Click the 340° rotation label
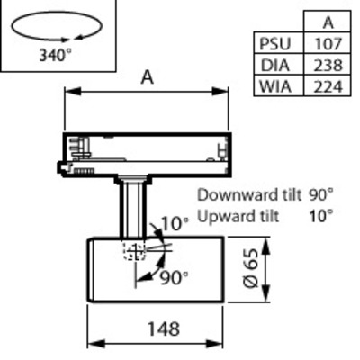point(56,55)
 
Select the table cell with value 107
point(328,44)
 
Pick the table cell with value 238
point(328,66)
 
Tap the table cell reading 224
point(328,87)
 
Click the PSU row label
point(275,44)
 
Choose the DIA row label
point(275,66)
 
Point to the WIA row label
point(275,87)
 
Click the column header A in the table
point(328,22)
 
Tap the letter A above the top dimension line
point(148,77)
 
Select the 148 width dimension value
point(164,328)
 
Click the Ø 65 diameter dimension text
point(251,268)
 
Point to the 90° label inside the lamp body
point(174,278)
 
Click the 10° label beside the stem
point(175,223)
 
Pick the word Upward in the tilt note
point(221,217)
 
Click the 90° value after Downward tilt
point(321,195)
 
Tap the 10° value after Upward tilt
point(321,216)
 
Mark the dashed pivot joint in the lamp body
point(135,251)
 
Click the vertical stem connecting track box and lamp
point(133,210)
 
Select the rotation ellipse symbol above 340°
point(57,26)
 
